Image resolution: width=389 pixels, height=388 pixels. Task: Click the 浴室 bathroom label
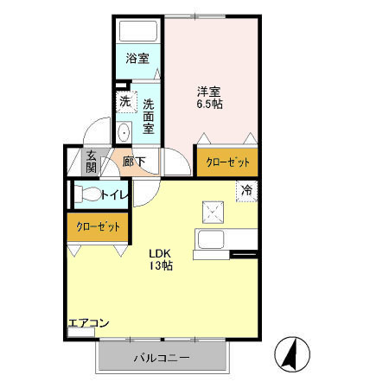click(137, 59)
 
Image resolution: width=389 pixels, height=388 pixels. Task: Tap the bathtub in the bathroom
click(137, 33)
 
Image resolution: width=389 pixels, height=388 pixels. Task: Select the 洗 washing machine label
click(124, 101)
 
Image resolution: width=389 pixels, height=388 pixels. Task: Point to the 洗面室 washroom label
click(149, 111)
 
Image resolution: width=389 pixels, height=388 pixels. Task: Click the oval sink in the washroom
click(124, 132)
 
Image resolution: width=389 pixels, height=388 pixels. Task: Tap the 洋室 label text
click(208, 90)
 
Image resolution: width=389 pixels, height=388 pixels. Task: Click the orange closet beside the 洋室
click(228, 162)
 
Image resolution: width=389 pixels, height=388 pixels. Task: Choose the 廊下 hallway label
click(133, 161)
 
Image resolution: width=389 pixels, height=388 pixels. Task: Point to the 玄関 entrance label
click(91, 162)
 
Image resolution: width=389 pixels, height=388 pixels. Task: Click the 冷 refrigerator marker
click(246, 190)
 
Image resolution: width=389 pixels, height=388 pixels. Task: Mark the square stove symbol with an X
click(213, 211)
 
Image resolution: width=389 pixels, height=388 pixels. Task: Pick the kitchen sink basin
click(211, 239)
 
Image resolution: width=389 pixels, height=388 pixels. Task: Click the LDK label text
click(160, 253)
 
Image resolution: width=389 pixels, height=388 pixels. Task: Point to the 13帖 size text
click(160, 267)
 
